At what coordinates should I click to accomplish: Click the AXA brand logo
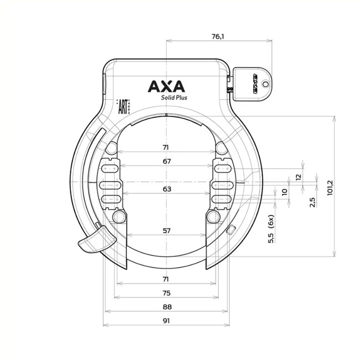click(x=167, y=86)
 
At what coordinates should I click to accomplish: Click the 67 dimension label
click(x=167, y=161)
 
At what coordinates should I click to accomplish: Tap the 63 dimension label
click(x=167, y=189)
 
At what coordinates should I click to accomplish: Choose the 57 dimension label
click(x=167, y=230)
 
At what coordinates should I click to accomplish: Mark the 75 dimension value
click(x=167, y=292)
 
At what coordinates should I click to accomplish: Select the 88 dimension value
click(x=167, y=307)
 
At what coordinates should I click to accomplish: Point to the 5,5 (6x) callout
click(x=271, y=230)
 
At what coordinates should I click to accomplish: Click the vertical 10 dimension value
click(x=285, y=193)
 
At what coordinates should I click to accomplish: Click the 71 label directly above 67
click(x=167, y=147)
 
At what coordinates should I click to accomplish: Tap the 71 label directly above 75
click(x=167, y=279)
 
